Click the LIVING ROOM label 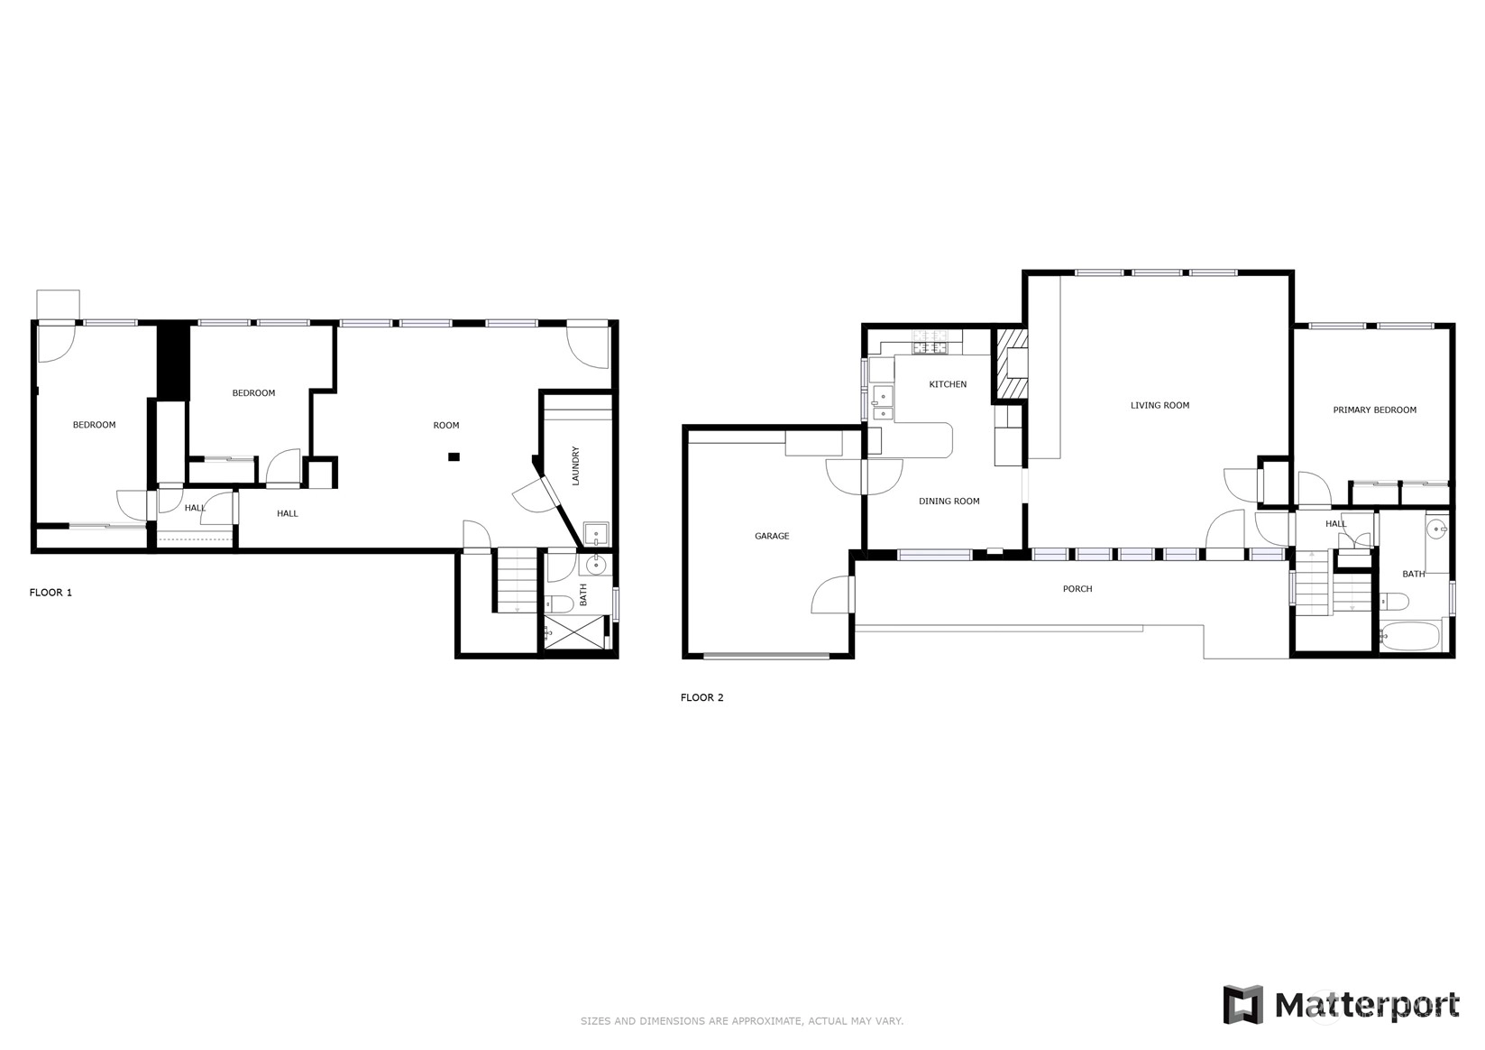click(1160, 405)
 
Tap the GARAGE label click(772, 536)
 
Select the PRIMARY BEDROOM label click(1374, 410)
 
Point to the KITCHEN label click(948, 384)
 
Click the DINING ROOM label click(949, 502)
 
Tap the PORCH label click(1077, 589)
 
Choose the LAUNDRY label click(575, 465)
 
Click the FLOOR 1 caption click(50, 593)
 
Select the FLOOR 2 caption click(701, 697)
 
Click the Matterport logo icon click(1243, 1005)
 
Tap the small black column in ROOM click(454, 457)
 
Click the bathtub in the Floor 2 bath click(1410, 636)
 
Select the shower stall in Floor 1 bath click(574, 632)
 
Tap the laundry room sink click(595, 534)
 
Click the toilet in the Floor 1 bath click(559, 604)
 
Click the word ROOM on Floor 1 click(446, 425)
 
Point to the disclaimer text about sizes click(742, 1021)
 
